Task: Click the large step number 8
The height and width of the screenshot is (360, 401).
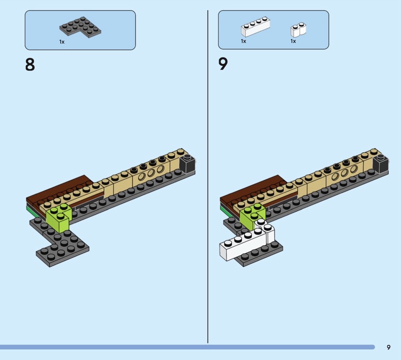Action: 30,65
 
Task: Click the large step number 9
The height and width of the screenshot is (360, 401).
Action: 223,64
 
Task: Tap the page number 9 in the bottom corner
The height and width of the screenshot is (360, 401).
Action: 388,347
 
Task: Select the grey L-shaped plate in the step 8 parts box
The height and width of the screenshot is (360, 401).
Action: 80,28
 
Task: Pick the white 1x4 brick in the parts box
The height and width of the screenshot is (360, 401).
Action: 255,27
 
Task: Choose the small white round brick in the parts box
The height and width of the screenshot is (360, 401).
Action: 298,30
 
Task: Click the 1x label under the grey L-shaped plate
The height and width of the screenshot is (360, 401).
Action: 62,42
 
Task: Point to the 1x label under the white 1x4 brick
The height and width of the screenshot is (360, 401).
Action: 243,41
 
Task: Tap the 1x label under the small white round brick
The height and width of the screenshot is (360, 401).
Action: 293,41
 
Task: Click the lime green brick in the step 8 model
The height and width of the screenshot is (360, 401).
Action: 59,218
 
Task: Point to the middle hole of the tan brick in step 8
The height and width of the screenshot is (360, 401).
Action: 151,172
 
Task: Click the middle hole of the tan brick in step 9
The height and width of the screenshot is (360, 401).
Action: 344,172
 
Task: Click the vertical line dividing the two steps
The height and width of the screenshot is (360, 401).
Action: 208,176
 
